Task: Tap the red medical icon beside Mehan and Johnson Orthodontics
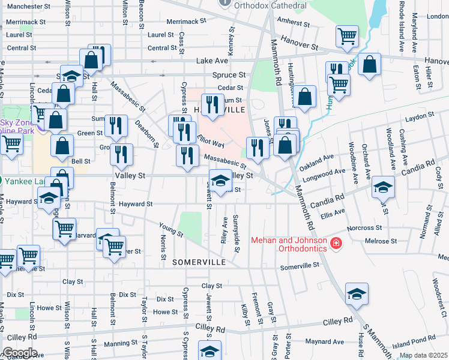pos(336,244)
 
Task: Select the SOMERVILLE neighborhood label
pos(199,263)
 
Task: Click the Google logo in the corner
pos(19,353)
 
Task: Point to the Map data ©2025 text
pos(423,355)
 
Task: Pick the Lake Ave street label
pos(212,61)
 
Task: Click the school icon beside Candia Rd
pos(383,187)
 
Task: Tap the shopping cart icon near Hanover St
pos(347,36)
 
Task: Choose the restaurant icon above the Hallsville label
pos(211,104)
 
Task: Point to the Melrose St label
pos(382,241)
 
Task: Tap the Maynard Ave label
pos(324,342)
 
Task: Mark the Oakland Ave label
pos(316,160)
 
